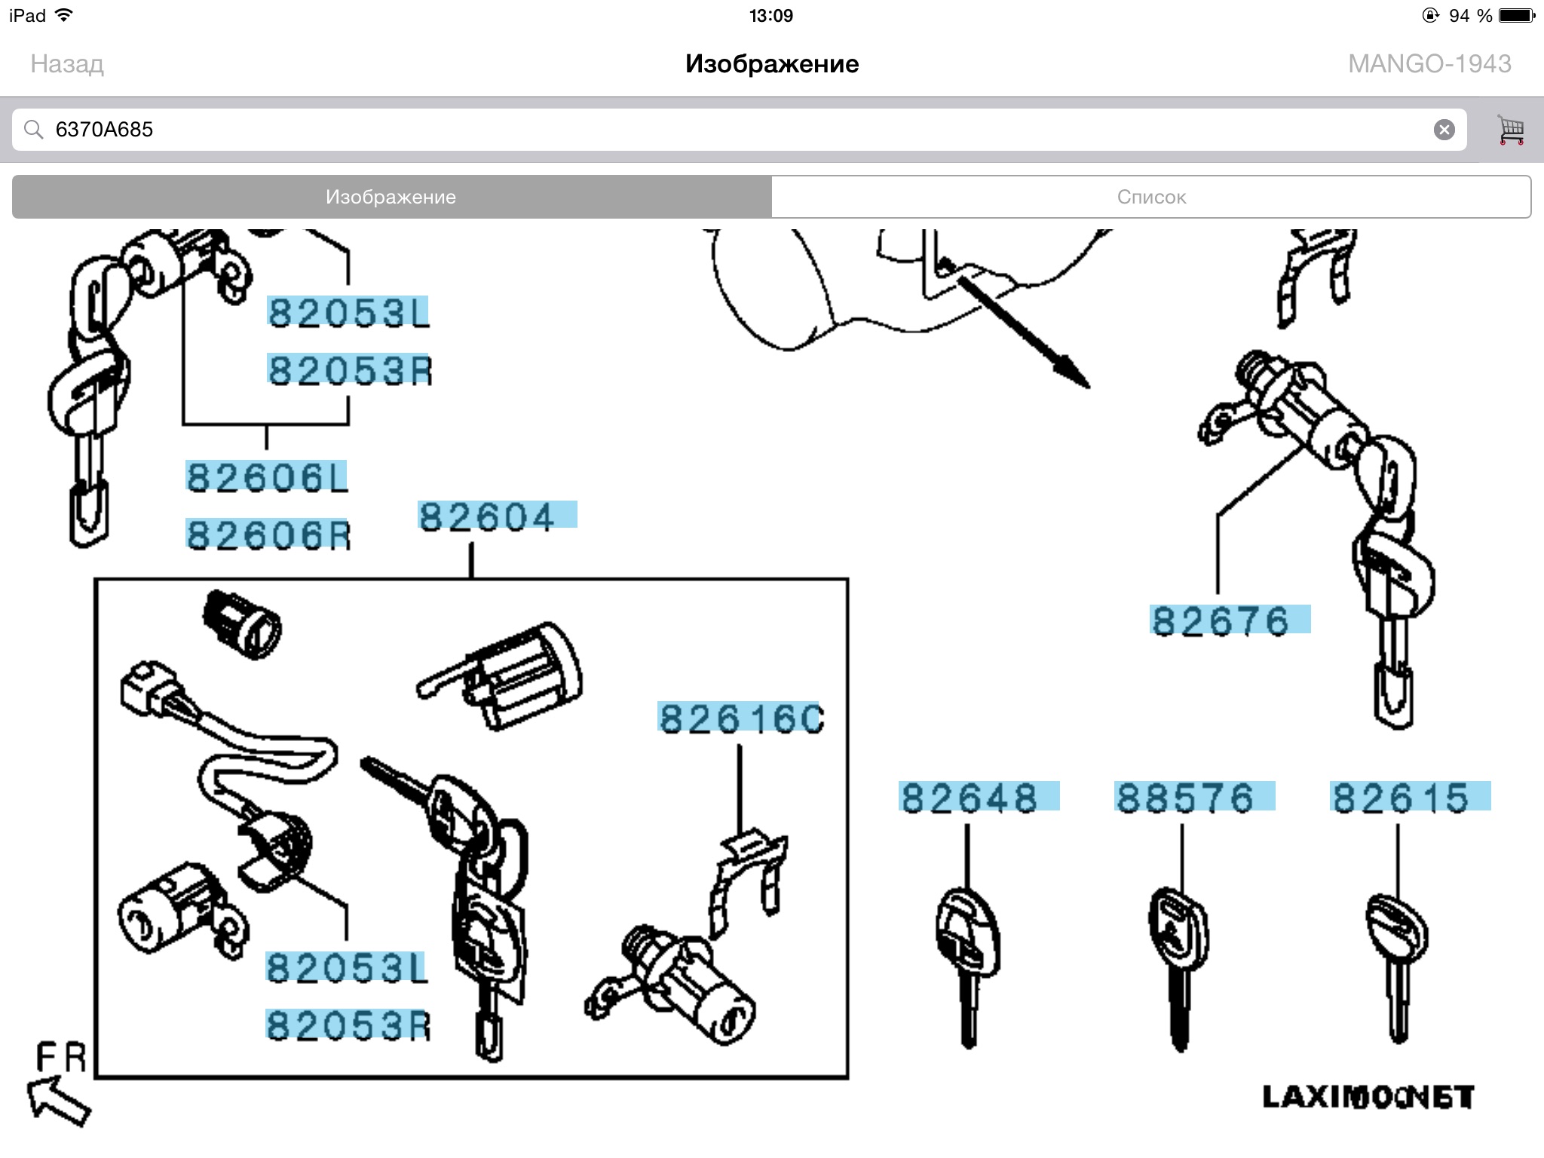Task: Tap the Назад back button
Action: (x=67, y=64)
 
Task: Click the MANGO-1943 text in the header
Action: (x=1429, y=64)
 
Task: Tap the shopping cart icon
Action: (x=1511, y=130)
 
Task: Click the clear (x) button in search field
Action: (x=1444, y=130)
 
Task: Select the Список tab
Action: (x=1151, y=197)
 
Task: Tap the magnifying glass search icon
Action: (x=33, y=130)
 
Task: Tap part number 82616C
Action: (x=742, y=718)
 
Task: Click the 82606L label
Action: (x=267, y=477)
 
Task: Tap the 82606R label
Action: (x=268, y=535)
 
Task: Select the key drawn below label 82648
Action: (x=968, y=967)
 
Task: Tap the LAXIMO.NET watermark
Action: (x=1368, y=1098)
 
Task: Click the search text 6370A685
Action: (x=104, y=130)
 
